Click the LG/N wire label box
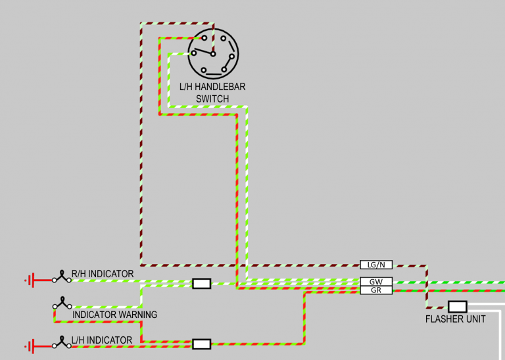click(x=376, y=264)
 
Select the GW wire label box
click(x=376, y=281)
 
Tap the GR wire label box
click(x=376, y=290)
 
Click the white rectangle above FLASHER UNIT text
click(x=457, y=306)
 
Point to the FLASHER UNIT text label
click(x=456, y=319)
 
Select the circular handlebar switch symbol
click(x=213, y=53)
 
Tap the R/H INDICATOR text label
click(x=103, y=273)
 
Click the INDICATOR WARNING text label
click(x=114, y=315)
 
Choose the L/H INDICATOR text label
click(x=102, y=340)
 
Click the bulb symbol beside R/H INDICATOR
click(x=62, y=277)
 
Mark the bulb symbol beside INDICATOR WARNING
click(x=62, y=303)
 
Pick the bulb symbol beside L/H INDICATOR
click(x=62, y=343)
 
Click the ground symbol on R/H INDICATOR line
click(x=30, y=281)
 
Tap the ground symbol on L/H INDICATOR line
click(x=30, y=345)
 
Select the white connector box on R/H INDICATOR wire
click(x=201, y=284)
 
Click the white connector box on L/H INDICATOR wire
click(x=201, y=344)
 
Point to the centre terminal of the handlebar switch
click(x=213, y=54)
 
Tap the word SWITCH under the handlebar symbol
click(x=212, y=99)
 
